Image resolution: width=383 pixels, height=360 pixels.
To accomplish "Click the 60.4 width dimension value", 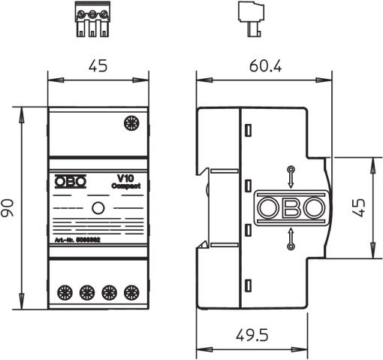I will (x=265, y=67).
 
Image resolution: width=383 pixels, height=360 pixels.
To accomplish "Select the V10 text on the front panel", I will (x=125, y=177).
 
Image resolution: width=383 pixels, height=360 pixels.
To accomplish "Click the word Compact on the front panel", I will (x=123, y=186).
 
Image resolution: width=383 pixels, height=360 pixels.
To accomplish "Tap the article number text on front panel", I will (x=77, y=241).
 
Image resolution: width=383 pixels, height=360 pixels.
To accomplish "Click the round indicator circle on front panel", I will (x=98, y=209).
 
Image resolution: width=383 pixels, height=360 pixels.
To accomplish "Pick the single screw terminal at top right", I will (x=132, y=123).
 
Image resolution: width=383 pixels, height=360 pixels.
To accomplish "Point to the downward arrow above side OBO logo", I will (x=290, y=175).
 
